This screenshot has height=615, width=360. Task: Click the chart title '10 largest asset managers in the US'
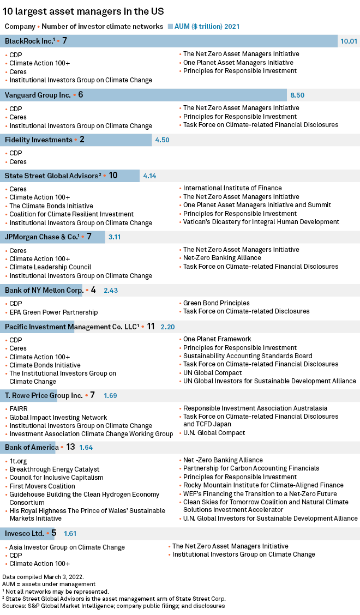[x=83, y=11]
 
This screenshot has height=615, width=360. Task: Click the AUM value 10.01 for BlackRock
[x=349, y=41]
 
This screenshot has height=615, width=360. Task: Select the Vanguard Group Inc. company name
[x=38, y=95]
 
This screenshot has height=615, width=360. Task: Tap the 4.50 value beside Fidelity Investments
[x=162, y=140]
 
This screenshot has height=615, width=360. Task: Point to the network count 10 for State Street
[x=113, y=176]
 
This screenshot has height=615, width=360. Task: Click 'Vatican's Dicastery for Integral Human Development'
[x=261, y=222]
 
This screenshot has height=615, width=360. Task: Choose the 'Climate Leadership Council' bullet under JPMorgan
[x=50, y=267]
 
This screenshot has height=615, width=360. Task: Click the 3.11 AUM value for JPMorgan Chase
[x=115, y=238]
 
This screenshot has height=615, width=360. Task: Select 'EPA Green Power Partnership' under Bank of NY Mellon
[x=53, y=312]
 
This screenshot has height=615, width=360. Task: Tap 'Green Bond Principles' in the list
[x=216, y=303]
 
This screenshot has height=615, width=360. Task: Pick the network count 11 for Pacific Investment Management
[x=151, y=327]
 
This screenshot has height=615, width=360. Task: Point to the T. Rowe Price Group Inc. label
[x=44, y=395]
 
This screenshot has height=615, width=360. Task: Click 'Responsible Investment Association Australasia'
[x=255, y=408]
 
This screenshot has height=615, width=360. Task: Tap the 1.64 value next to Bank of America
[x=87, y=448]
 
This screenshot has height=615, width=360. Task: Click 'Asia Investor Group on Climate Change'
[x=67, y=547]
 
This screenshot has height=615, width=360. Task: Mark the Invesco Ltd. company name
[x=24, y=533]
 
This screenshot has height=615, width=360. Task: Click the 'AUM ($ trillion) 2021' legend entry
[x=207, y=26]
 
